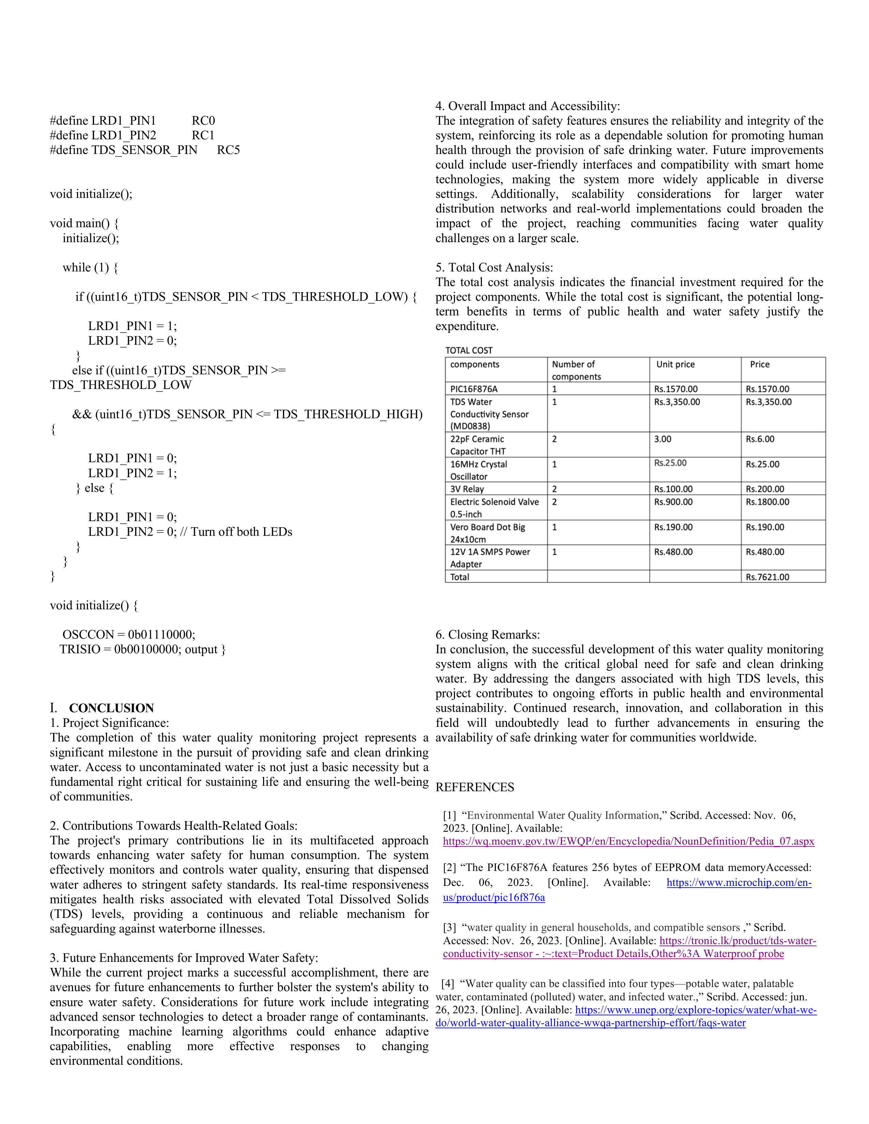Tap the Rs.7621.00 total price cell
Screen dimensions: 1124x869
click(767, 577)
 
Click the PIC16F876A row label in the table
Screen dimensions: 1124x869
click(474, 389)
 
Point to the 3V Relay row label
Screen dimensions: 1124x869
click(467, 489)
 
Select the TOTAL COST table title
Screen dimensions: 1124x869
click(469, 350)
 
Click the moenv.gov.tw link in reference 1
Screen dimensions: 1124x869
click(628, 841)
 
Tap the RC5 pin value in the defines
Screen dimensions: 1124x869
click(228, 150)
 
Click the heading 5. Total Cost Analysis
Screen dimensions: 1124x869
click(494, 268)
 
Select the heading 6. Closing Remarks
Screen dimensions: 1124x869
click(488, 635)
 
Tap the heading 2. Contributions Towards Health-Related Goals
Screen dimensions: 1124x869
click(173, 826)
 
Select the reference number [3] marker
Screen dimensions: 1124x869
click(449, 927)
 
